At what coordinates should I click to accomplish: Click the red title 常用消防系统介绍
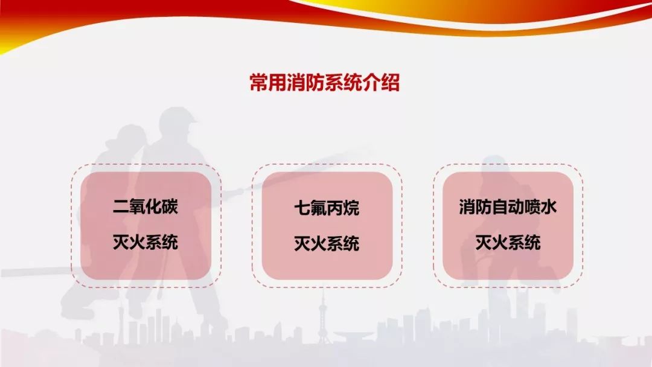tap(325, 82)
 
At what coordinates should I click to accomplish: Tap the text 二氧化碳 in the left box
tap(145, 206)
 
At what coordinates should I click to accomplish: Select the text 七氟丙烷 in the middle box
tap(327, 208)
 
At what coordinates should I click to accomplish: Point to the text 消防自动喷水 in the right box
tap(508, 206)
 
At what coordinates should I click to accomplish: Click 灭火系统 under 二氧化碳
tap(145, 242)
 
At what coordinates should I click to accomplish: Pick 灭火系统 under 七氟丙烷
tap(327, 243)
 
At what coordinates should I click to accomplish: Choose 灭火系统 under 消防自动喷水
tap(508, 242)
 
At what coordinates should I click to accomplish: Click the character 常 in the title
tap(258, 82)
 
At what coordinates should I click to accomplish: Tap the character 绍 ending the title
tap(391, 82)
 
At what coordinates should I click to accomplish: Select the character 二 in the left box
tap(121, 206)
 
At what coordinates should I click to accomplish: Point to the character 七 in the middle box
tap(302, 208)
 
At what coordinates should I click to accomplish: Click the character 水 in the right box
tap(549, 206)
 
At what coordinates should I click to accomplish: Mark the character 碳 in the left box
tap(170, 206)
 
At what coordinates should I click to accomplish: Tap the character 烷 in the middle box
tap(351, 208)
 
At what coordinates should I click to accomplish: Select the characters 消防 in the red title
tap(296, 82)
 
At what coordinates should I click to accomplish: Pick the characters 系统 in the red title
tap(334, 82)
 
